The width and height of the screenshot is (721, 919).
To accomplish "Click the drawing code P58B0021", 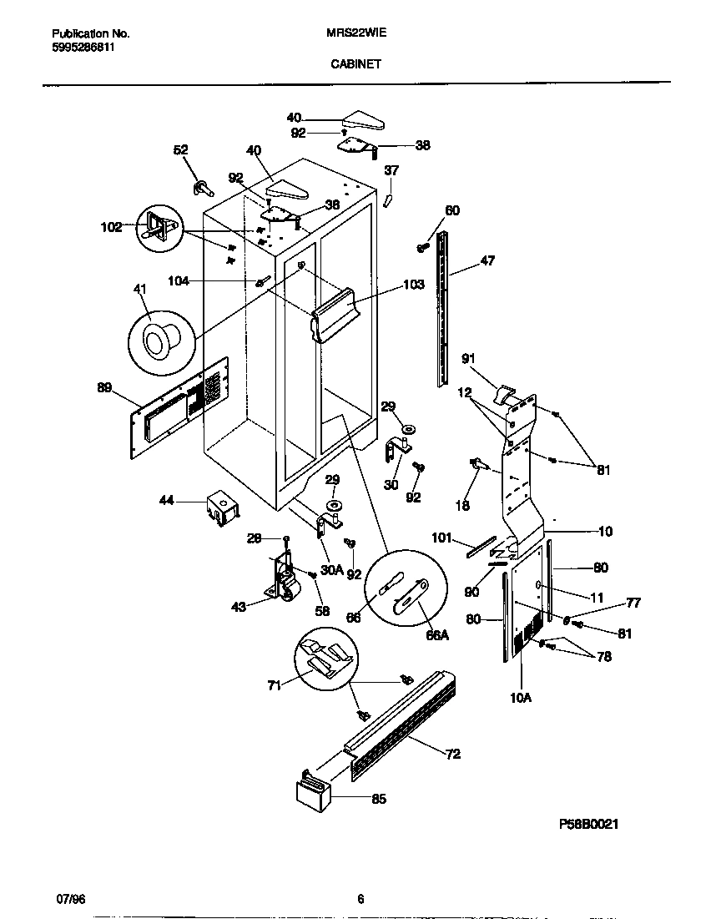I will [588, 823].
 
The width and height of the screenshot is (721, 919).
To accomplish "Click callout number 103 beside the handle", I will [413, 285].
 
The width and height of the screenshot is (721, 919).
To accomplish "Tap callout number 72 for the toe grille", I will [452, 755].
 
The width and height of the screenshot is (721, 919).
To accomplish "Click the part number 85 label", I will [379, 799].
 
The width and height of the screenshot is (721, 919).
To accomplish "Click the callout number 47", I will [487, 261].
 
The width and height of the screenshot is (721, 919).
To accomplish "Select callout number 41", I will [139, 289].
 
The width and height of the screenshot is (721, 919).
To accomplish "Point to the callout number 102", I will [111, 225].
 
